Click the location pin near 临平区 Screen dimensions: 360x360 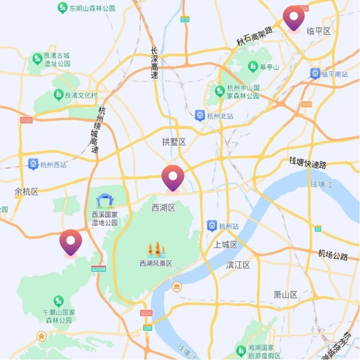tap(294, 18)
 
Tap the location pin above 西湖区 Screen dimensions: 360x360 tap(173, 178)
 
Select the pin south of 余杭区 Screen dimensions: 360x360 tap(71, 242)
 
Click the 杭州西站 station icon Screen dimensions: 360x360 tap(33, 164)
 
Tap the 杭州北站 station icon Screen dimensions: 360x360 tap(200, 116)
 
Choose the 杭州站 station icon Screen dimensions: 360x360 tap(212, 226)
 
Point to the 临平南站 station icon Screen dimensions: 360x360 tap(315, 74)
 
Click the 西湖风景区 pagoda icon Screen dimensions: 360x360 tap(156, 250)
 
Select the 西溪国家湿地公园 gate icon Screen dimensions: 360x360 tap(104, 201)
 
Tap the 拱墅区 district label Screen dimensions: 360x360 tap(174, 142)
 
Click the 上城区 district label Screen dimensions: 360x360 tap(226, 245)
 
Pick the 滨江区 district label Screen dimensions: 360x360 tap(238, 265)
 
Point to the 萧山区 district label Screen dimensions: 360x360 tap(285, 295)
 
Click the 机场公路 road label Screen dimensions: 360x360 tap(333, 255)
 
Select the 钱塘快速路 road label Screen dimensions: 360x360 tap(308, 162)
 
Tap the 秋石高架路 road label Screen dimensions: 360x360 tap(254, 37)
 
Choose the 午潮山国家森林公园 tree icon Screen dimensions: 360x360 tap(58, 301)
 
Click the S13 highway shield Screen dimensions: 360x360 tap(185, 19)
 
